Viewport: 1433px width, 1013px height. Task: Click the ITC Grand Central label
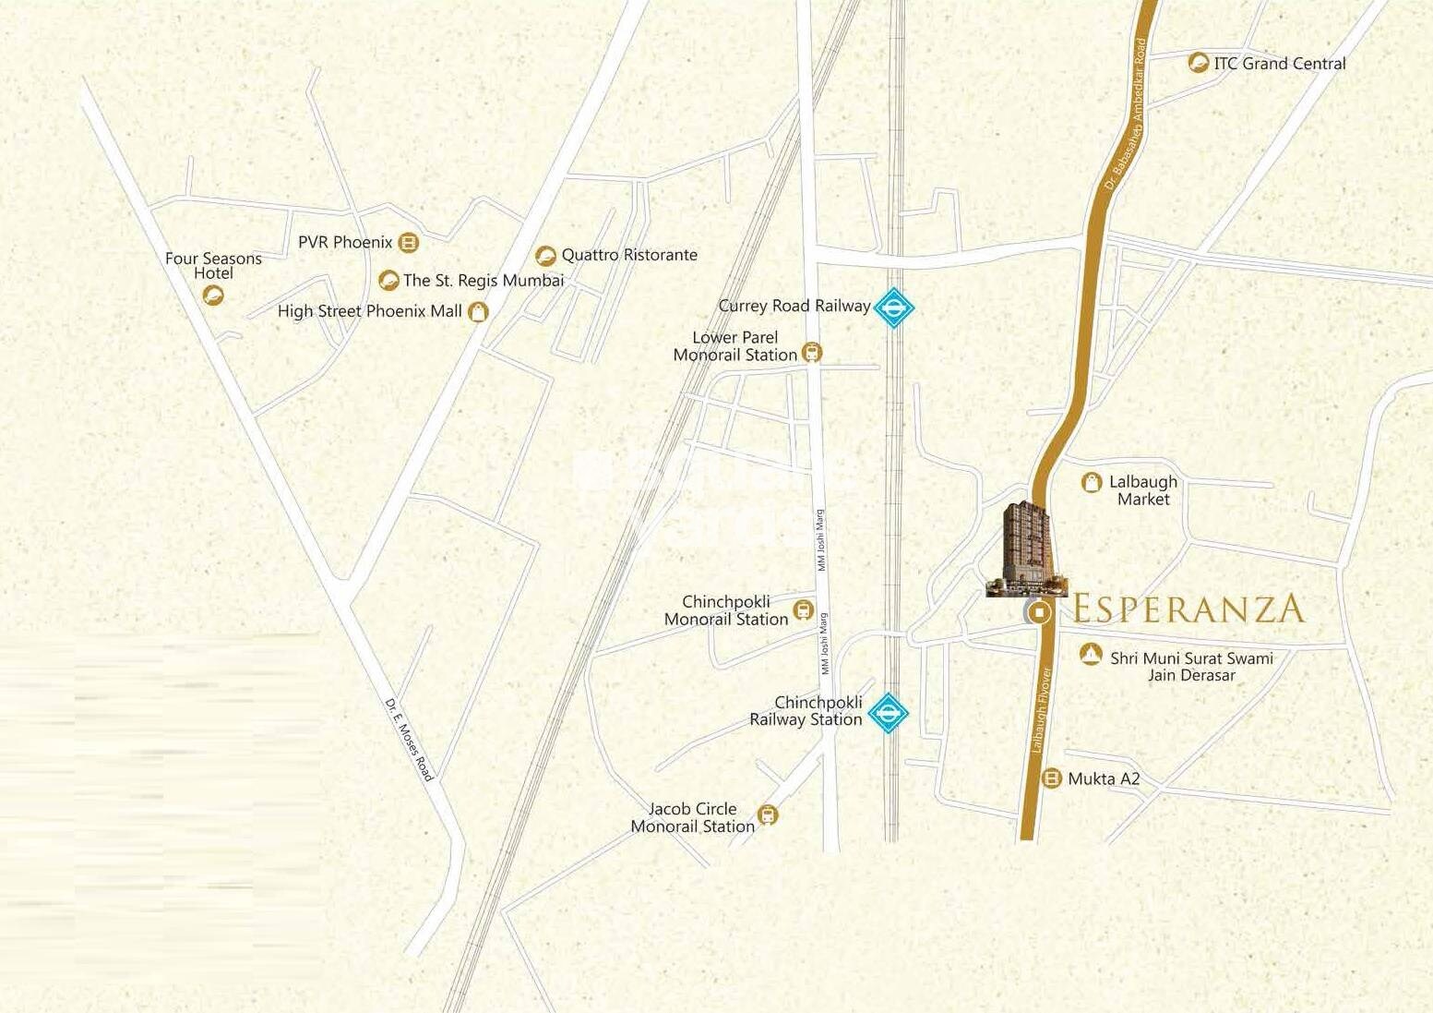1279,64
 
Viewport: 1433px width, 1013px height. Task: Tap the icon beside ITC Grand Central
1198,63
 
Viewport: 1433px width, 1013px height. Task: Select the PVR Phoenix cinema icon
408,243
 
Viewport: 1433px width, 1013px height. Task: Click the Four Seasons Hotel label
213,266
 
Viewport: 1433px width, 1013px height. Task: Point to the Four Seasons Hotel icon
213,295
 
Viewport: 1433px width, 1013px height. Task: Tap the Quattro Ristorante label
629,255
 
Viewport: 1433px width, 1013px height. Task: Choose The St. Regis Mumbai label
483,280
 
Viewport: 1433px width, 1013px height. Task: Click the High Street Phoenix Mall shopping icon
477,312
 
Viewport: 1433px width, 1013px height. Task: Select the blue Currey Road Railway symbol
892,308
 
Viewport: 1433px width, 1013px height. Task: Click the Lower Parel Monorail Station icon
812,353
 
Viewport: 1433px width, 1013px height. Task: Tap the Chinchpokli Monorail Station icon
803,610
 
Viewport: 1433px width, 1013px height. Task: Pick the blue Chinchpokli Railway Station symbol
889,713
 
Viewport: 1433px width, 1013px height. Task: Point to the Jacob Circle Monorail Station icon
767,815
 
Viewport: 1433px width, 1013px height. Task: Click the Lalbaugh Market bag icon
1092,482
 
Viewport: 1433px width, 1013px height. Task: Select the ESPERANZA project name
1189,609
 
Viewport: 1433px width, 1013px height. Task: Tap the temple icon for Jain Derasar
1091,655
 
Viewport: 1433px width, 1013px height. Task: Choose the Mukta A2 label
1104,779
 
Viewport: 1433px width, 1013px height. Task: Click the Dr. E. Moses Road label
409,740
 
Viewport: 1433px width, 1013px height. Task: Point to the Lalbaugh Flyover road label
1041,709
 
